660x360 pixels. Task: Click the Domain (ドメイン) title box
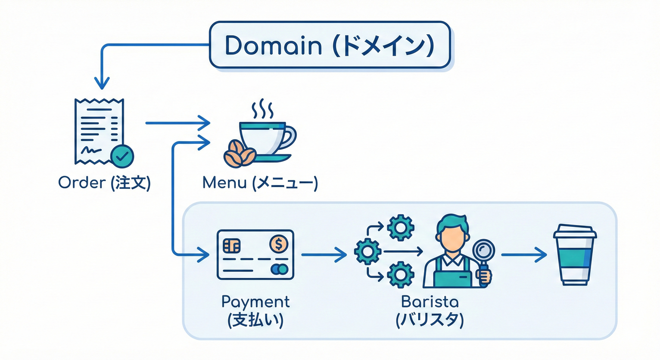click(x=330, y=45)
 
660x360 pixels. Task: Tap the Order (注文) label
click(x=104, y=183)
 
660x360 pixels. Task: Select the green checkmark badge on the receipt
click(x=122, y=157)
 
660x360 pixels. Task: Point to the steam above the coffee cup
click(x=262, y=109)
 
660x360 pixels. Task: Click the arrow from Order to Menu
click(x=178, y=123)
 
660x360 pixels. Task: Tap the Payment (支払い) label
click(x=255, y=310)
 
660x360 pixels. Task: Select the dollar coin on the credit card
click(x=278, y=244)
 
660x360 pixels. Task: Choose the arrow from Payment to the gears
click(x=323, y=255)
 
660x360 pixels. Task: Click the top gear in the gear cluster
click(x=401, y=228)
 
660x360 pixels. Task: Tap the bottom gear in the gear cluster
click(x=401, y=275)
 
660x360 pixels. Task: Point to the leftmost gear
click(x=368, y=252)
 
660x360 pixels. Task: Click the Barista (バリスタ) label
click(x=429, y=310)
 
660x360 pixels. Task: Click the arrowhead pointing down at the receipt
click(x=102, y=83)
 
